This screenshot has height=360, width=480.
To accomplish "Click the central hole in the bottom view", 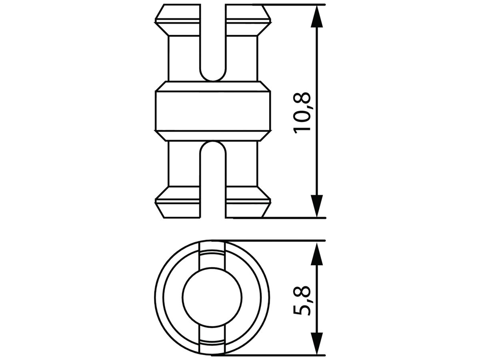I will (212, 298).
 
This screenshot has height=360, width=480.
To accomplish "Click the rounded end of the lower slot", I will (212, 148).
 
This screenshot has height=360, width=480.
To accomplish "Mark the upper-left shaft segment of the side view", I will (183, 56).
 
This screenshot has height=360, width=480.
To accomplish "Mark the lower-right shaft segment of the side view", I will (241, 164).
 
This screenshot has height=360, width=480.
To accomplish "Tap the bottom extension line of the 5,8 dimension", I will (280, 354).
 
